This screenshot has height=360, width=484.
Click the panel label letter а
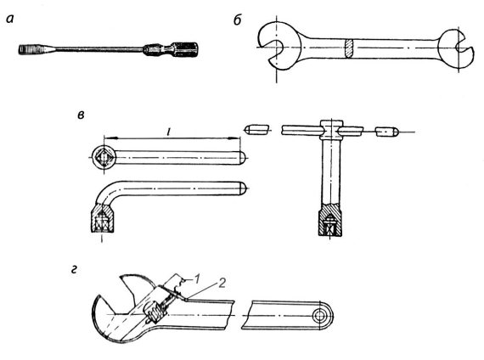[10, 20]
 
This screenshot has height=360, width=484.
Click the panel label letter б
[238, 20]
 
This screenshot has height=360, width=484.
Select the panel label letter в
[81, 115]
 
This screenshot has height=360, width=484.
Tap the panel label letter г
[74, 270]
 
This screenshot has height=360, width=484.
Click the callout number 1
[197, 278]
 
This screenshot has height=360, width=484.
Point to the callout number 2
[222, 283]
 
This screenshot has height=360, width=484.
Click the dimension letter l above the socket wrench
[168, 132]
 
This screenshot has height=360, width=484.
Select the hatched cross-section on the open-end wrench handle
[349, 48]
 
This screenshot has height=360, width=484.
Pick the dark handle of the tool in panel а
[171, 49]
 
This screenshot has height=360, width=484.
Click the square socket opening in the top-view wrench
[104, 157]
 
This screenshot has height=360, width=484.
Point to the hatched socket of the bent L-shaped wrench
[103, 217]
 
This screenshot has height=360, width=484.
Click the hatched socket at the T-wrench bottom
[330, 220]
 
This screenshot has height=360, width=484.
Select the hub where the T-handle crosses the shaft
[331, 130]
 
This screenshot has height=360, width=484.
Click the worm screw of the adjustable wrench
[155, 312]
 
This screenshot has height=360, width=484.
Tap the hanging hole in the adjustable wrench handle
[318, 316]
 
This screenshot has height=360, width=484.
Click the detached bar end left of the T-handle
[256, 130]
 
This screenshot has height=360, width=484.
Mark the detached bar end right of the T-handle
[387, 132]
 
